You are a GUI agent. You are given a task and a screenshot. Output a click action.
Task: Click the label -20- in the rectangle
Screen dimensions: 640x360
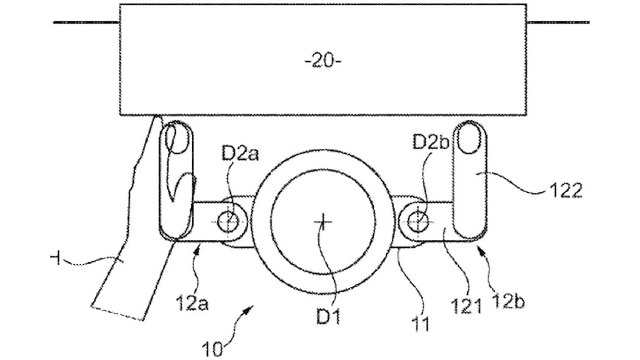point(323,61)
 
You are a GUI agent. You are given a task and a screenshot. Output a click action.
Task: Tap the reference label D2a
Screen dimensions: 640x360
point(240,154)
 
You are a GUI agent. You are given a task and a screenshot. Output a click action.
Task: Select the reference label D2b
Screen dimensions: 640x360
point(431,142)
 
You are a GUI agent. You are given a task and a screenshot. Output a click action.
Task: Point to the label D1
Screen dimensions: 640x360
point(329,317)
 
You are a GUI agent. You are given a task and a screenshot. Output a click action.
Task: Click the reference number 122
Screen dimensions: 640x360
point(566,190)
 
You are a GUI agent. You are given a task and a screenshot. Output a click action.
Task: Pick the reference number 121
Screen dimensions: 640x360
point(466,306)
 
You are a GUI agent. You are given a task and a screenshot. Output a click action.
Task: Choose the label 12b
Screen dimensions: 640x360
point(509,301)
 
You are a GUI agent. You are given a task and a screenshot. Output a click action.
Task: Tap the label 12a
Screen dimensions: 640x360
point(192,303)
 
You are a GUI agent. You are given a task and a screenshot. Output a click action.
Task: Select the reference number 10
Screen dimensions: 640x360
point(213,350)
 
